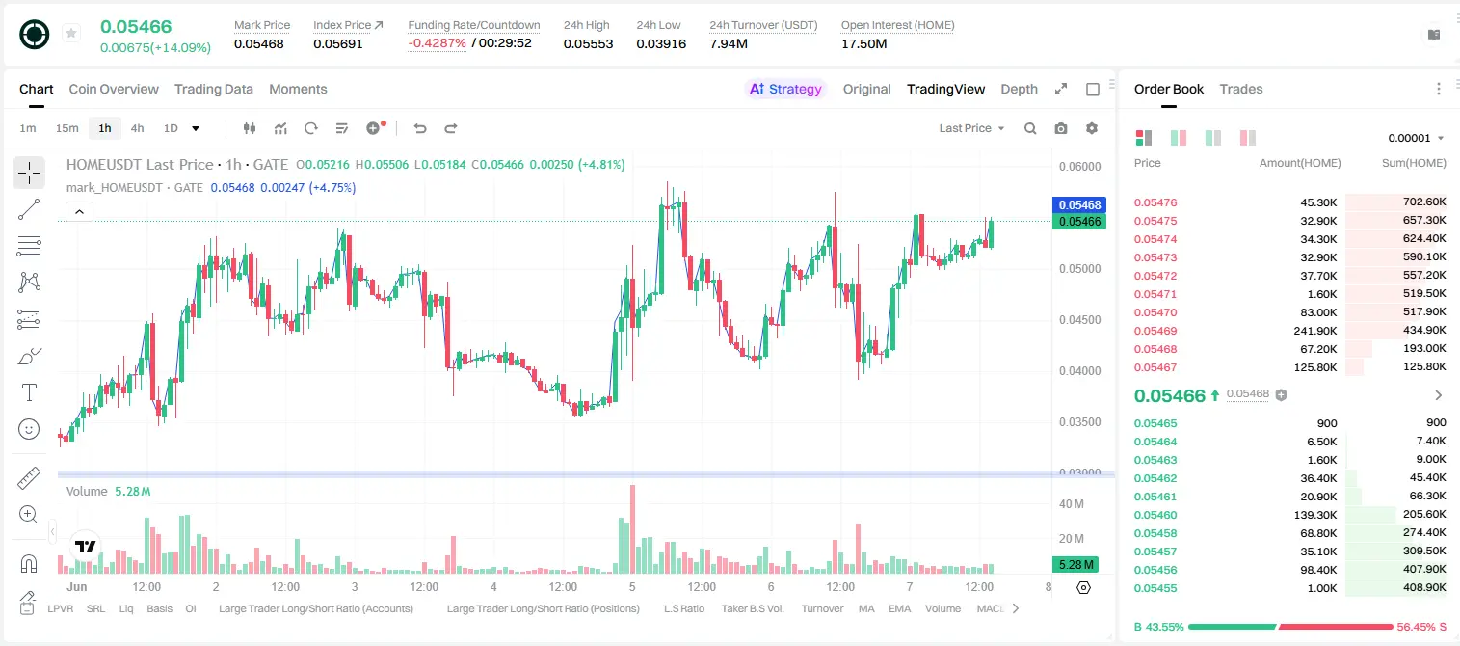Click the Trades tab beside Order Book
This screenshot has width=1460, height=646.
click(1240, 89)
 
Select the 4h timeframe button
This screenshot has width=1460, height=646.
click(137, 128)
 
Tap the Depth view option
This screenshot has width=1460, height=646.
click(1019, 89)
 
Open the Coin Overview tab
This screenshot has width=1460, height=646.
click(114, 89)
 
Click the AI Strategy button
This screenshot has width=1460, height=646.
click(785, 89)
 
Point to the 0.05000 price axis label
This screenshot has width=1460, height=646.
click(1079, 269)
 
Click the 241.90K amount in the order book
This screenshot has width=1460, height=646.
click(1314, 331)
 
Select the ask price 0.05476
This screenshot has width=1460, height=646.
click(1155, 202)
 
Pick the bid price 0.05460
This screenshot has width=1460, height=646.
click(1155, 515)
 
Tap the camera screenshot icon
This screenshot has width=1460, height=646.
click(1061, 128)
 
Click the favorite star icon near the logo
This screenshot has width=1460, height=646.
click(71, 33)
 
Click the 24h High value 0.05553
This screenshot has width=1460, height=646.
click(588, 43)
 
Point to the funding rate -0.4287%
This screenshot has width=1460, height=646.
click(437, 43)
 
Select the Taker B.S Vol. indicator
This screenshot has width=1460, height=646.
click(752, 608)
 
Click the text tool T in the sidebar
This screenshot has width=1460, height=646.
click(29, 392)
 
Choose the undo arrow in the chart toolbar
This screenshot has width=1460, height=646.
click(420, 128)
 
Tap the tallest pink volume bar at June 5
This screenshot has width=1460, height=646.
click(632, 529)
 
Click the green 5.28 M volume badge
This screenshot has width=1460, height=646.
click(1075, 564)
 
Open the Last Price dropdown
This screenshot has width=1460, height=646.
click(971, 128)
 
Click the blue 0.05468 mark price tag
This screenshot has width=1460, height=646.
click(1078, 204)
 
